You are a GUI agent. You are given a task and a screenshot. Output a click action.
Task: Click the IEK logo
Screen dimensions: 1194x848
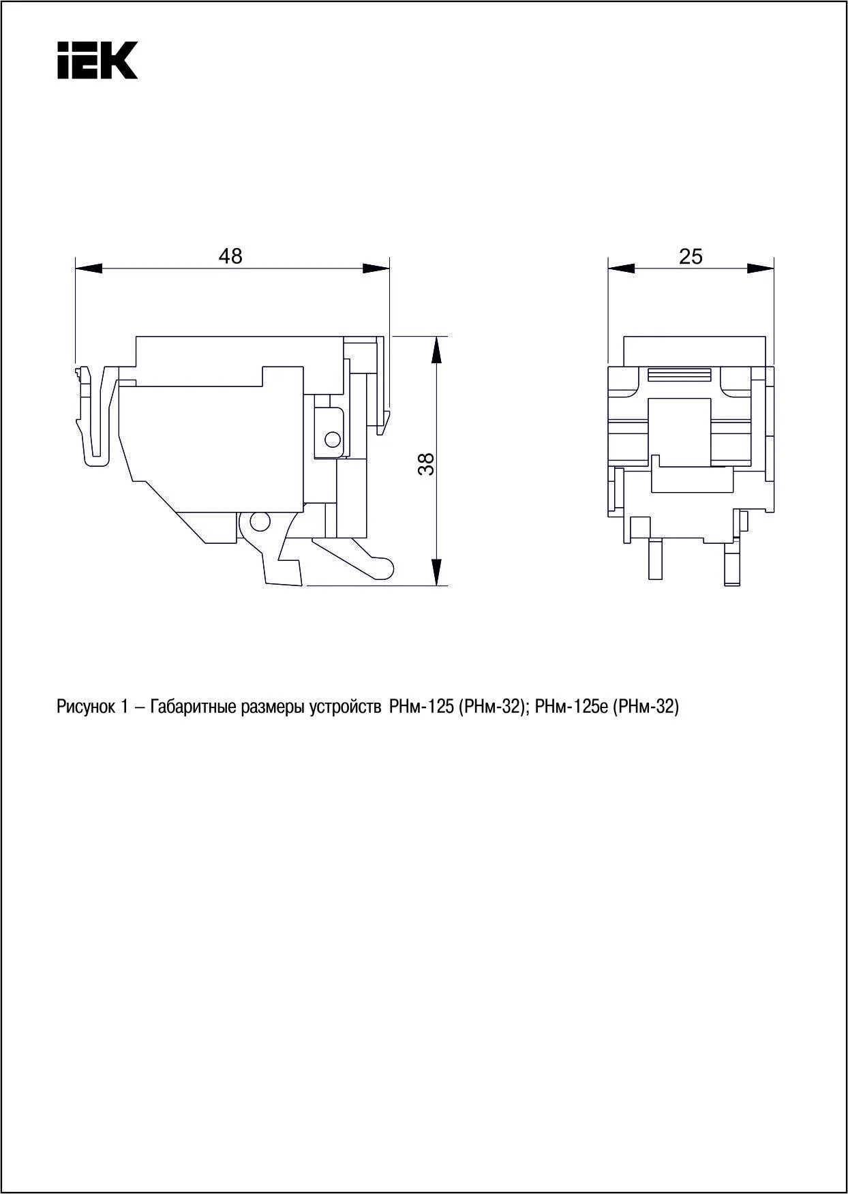coord(97,60)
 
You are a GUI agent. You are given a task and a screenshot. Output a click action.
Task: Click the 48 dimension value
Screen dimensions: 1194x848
coord(230,256)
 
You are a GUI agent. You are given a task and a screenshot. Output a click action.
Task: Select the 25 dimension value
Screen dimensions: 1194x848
coord(691,257)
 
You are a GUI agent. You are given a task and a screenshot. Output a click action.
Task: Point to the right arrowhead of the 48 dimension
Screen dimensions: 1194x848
coord(376,269)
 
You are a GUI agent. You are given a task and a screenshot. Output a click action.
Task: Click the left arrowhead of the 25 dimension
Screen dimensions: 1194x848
coord(621,269)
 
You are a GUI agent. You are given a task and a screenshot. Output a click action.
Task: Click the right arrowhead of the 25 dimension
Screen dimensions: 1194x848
coord(761,269)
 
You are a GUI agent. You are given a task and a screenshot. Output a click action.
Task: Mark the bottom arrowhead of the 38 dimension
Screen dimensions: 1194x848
coord(437,572)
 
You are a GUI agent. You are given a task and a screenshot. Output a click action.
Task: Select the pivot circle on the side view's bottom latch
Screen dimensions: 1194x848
coord(259,523)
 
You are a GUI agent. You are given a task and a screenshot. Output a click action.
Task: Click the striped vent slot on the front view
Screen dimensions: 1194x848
coord(679,374)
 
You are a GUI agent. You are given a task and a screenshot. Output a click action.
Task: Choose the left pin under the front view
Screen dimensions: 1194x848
coord(655,559)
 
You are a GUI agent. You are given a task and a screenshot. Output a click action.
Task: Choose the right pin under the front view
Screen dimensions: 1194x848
coord(732,563)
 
